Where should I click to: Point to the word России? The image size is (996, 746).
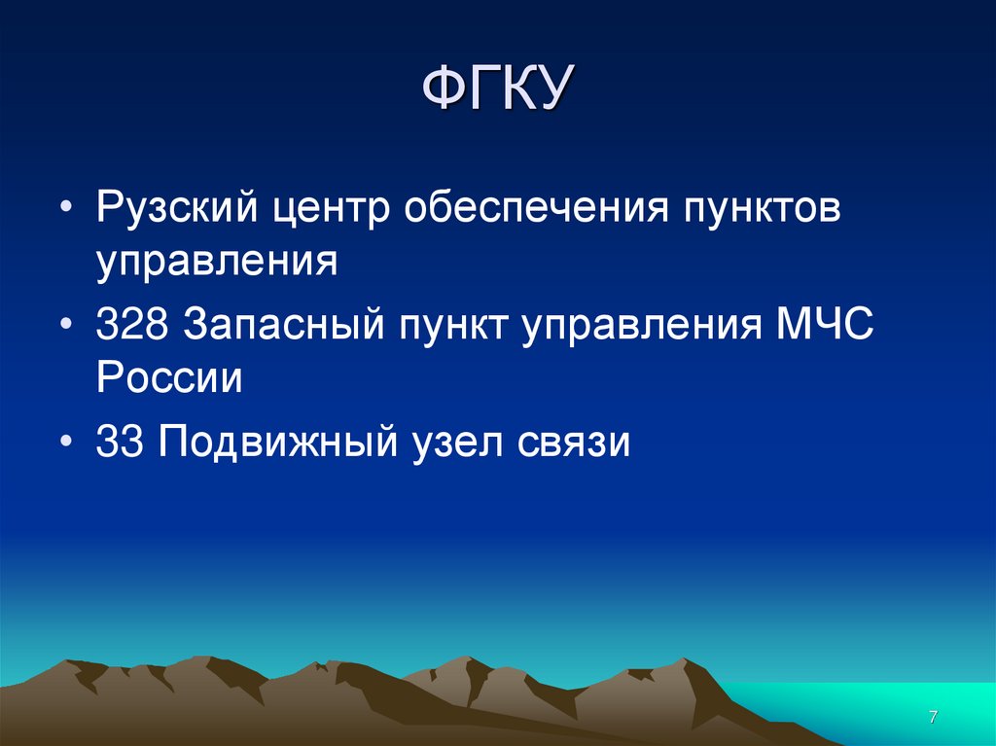[x=168, y=378]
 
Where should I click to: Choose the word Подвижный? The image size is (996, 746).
[x=278, y=443]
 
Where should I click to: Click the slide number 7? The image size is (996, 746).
[x=933, y=717]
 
